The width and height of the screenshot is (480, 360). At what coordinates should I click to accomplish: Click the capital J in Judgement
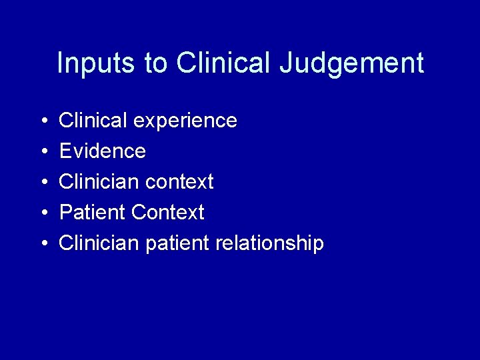pyautogui.click(x=286, y=63)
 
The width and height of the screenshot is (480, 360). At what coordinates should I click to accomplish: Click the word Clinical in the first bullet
pyautogui.click(x=93, y=120)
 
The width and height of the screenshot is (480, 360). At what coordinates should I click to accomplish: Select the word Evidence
pyautogui.click(x=102, y=151)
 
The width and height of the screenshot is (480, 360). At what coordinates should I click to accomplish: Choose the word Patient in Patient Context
pyautogui.click(x=93, y=212)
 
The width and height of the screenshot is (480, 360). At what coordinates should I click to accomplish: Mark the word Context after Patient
pyautogui.click(x=168, y=212)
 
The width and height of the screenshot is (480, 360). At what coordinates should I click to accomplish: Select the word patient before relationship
pyautogui.click(x=175, y=243)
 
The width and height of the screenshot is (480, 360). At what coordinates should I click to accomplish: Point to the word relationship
pyautogui.click(x=269, y=243)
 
